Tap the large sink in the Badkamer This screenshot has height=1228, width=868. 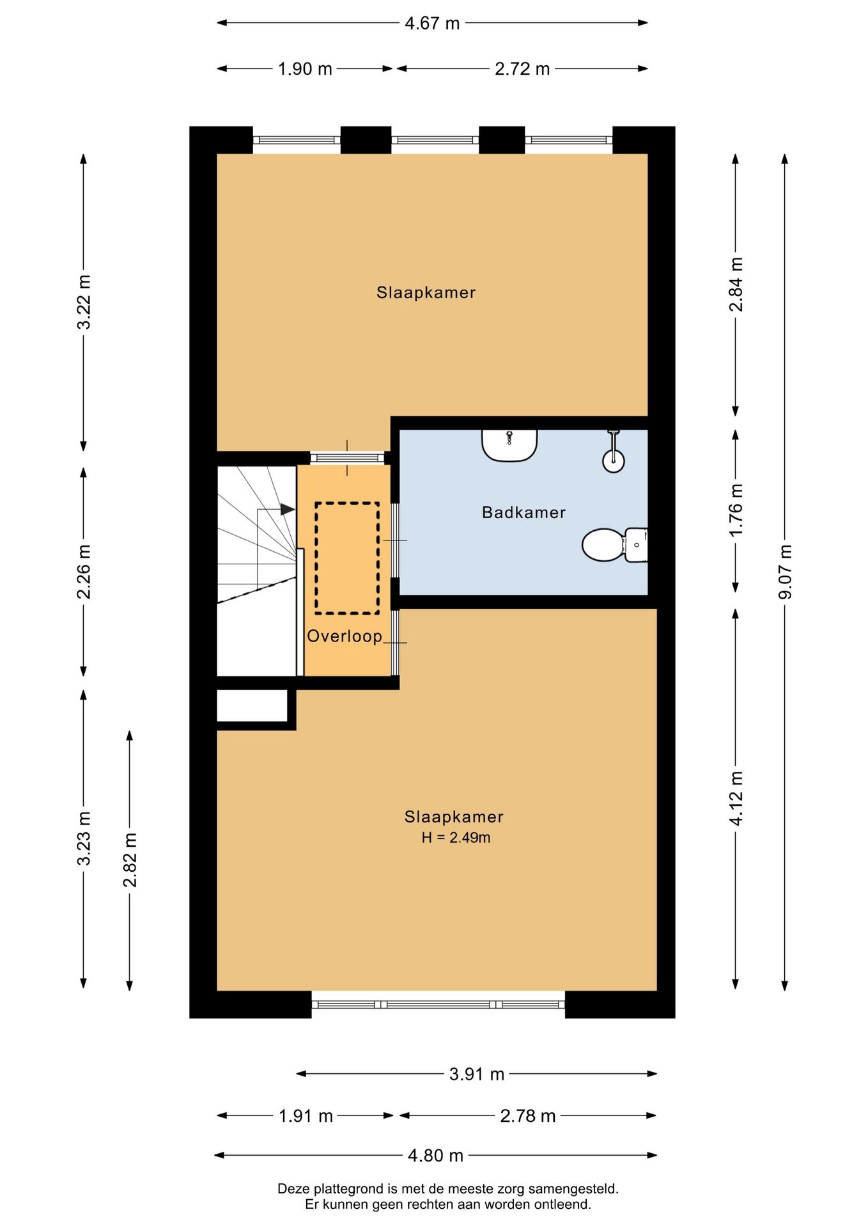(x=509, y=445)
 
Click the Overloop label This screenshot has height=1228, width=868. (x=345, y=636)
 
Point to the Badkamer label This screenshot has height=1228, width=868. (x=524, y=512)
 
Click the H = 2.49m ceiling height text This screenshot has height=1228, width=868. (x=456, y=838)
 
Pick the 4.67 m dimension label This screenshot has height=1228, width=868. (x=432, y=24)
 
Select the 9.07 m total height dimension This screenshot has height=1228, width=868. (x=785, y=572)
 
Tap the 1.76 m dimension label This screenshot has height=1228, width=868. (x=736, y=510)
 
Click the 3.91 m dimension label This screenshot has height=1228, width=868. (x=477, y=1074)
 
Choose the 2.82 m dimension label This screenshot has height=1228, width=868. (x=130, y=860)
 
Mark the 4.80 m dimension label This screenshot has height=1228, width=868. (x=435, y=1156)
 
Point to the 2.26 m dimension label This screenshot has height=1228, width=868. (x=84, y=572)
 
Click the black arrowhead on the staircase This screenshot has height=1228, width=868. (x=288, y=509)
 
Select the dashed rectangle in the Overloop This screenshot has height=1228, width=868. (x=347, y=558)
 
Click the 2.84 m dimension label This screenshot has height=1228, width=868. (x=736, y=285)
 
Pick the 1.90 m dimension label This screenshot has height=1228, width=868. (x=305, y=69)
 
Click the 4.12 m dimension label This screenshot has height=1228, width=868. (x=736, y=798)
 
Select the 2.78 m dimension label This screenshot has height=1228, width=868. (x=528, y=1116)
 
